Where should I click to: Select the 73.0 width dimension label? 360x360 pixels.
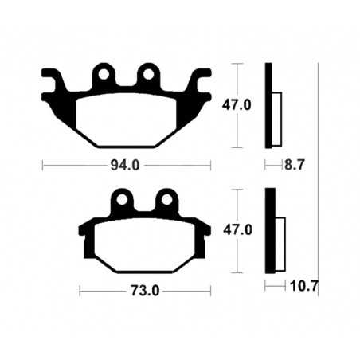[x=146, y=291]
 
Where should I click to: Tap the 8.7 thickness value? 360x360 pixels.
[x=295, y=166]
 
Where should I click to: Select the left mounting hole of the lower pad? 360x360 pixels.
[x=122, y=198]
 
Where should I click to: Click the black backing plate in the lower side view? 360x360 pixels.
[x=269, y=231]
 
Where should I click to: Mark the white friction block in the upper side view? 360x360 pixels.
[x=278, y=112]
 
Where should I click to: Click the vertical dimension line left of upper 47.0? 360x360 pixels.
[x=236, y=104]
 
